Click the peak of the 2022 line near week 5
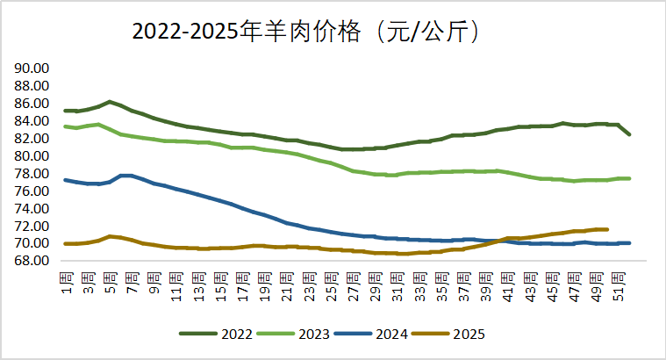(110, 102)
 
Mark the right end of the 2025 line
(606, 229)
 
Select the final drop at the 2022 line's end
(628, 133)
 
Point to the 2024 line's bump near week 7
(127, 176)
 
